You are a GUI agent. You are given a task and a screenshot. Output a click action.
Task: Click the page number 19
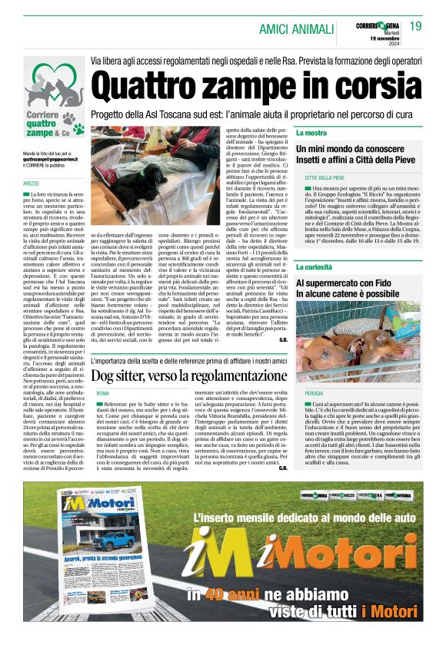[415, 27]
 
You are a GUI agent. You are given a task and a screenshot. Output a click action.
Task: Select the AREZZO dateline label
[31, 184]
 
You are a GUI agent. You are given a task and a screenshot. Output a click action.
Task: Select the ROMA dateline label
[102, 393]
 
